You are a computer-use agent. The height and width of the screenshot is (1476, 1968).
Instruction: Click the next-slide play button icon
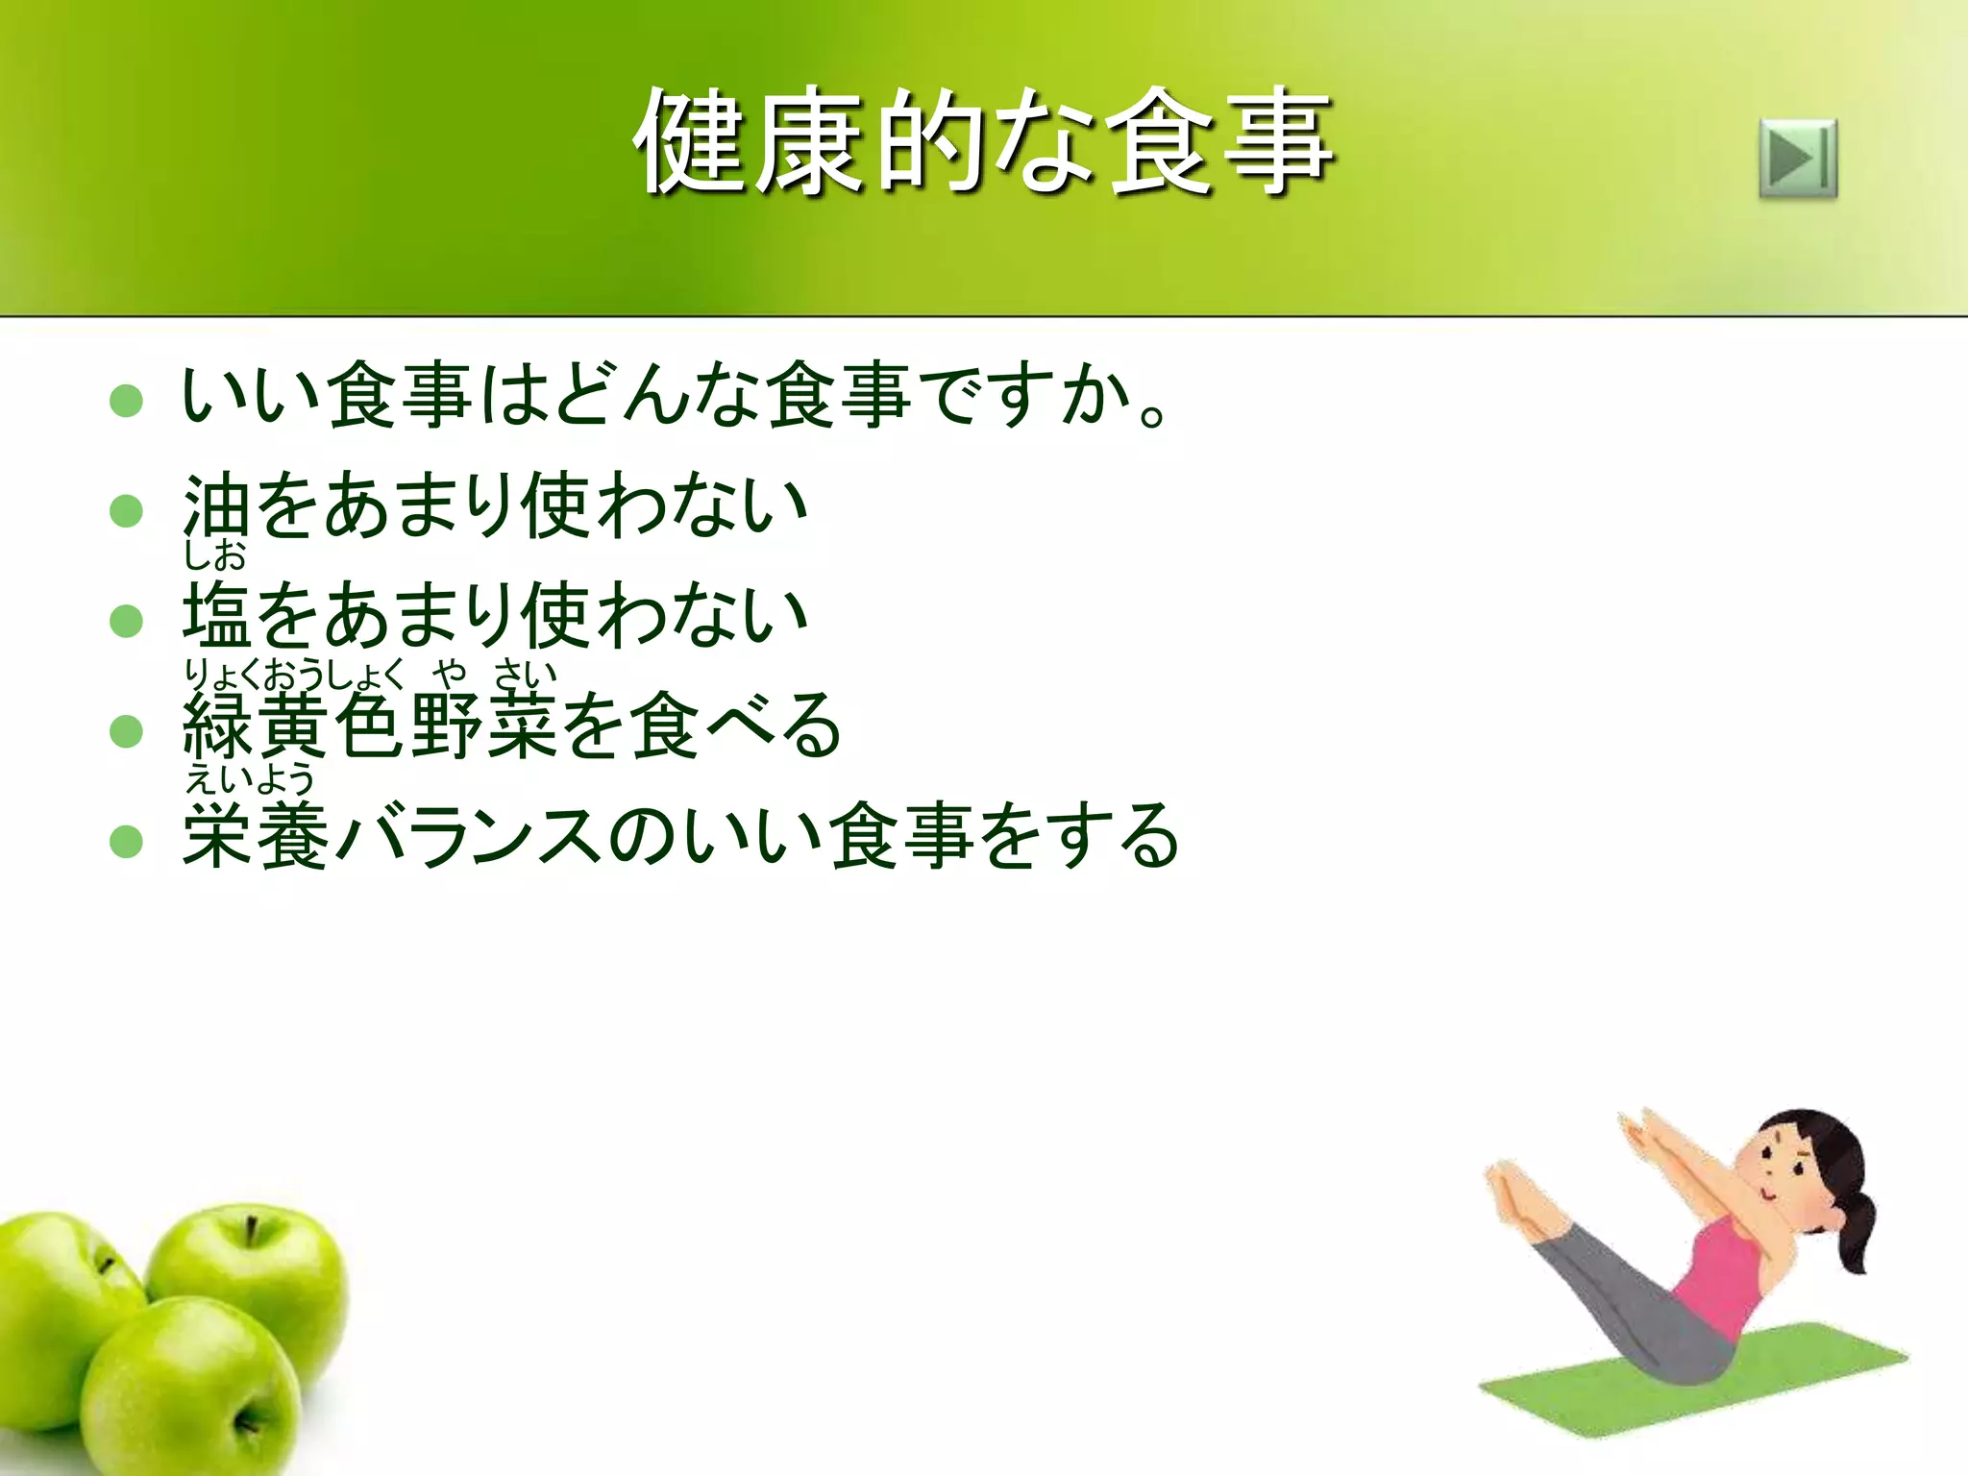click(1798, 159)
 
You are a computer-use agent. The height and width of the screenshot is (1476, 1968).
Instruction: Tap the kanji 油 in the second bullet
click(216, 506)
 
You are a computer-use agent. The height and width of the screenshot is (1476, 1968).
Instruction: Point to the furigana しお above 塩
click(215, 555)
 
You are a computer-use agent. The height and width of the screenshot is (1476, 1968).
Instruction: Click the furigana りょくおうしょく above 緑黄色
click(294, 675)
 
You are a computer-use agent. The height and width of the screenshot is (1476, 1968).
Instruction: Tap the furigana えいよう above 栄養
click(250, 778)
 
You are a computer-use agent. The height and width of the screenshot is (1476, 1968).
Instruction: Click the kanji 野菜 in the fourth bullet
click(485, 727)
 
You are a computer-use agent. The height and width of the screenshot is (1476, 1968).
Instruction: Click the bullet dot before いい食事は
click(126, 400)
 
